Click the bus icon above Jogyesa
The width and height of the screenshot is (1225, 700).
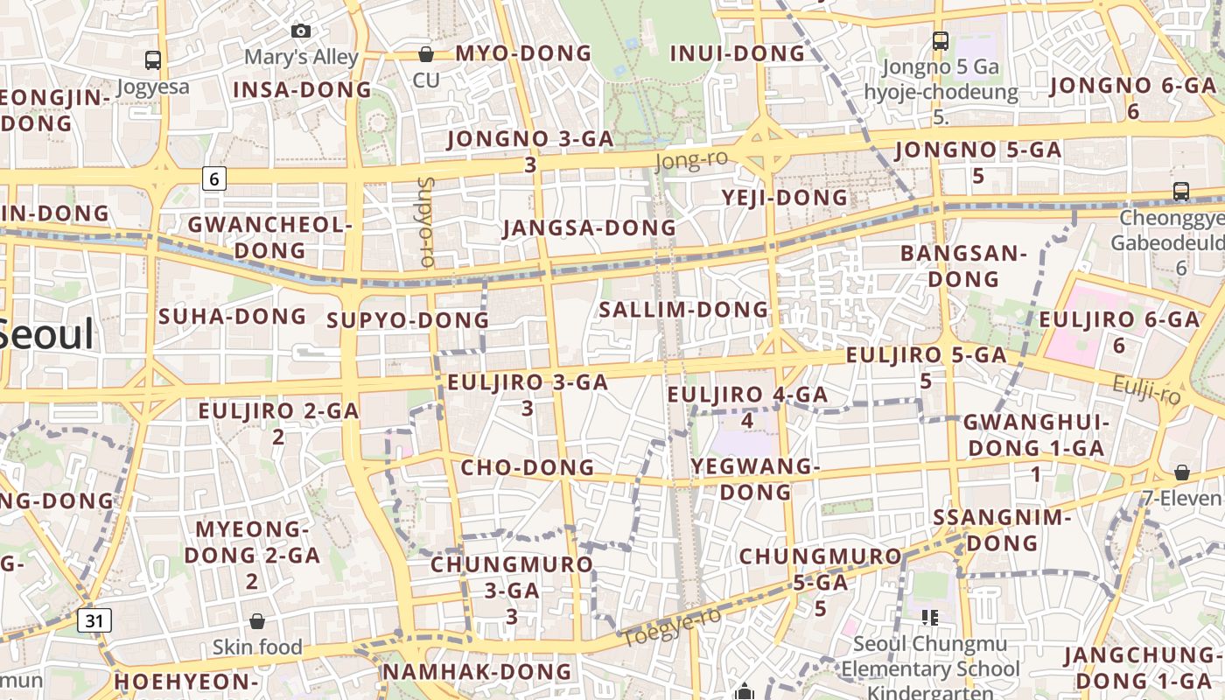pyautogui.click(x=153, y=60)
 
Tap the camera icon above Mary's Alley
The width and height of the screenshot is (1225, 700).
pyautogui.click(x=301, y=31)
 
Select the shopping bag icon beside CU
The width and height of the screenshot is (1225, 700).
pyautogui.click(x=426, y=54)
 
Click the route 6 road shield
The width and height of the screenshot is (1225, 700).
pyautogui.click(x=214, y=179)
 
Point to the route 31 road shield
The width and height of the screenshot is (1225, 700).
pyautogui.click(x=94, y=621)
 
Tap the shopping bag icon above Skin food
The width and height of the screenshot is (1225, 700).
pyautogui.click(x=257, y=621)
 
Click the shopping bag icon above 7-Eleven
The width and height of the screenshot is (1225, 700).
pyautogui.click(x=1181, y=472)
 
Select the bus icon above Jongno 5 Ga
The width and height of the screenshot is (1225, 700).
pyautogui.click(x=941, y=40)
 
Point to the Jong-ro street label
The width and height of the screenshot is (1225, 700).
pyautogui.click(x=691, y=161)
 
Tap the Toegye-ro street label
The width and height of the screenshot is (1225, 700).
pyautogui.click(x=672, y=626)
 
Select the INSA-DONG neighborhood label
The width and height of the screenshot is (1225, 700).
pyautogui.click(x=303, y=90)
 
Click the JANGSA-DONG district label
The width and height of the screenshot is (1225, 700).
pyautogui.click(x=590, y=228)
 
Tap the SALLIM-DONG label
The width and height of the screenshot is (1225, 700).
pyautogui.click(x=683, y=310)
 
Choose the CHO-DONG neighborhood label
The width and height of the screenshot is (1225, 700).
pyautogui.click(x=528, y=467)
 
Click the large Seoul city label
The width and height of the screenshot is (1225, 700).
pyautogui.click(x=44, y=334)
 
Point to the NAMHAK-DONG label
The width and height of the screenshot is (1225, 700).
pyautogui.click(x=478, y=672)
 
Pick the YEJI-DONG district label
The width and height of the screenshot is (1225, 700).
pyautogui.click(x=785, y=198)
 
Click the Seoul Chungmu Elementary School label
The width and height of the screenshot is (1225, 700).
pyautogui.click(x=930, y=656)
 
